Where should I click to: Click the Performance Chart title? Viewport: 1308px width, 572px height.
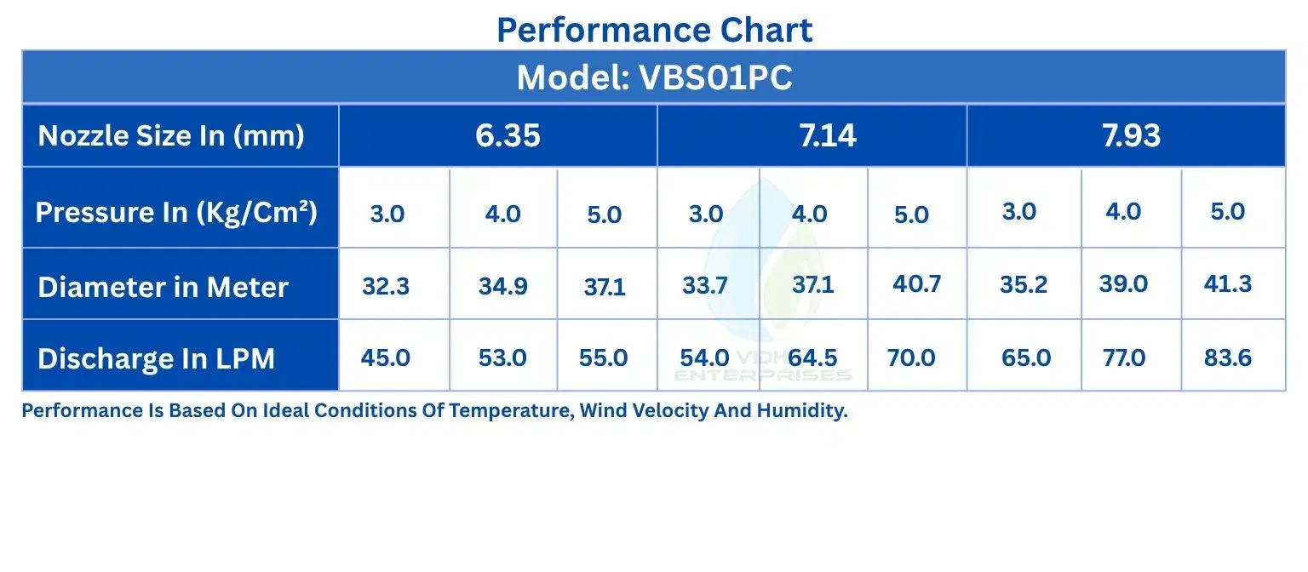click(x=654, y=30)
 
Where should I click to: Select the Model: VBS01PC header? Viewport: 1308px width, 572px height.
click(x=655, y=77)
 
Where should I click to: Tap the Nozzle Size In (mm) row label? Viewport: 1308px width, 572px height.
click(x=171, y=136)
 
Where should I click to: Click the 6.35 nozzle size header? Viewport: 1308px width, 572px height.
click(x=508, y=135)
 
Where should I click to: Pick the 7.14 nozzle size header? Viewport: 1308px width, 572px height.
click(x=828, y=135)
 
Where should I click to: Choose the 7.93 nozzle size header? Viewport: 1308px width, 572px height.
click(x=1131, y=135)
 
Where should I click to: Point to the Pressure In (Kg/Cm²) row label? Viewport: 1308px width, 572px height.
click(x=176, y=212)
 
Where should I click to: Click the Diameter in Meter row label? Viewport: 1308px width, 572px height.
click(x=163, y=287)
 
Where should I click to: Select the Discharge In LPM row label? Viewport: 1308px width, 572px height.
click(x=156, y=358)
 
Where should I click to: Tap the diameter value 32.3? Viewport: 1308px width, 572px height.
click(x=386, y=286)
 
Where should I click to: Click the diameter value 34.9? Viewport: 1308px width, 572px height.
click(x=502, y=286)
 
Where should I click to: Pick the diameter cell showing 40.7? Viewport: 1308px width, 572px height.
click(x=916, y=283)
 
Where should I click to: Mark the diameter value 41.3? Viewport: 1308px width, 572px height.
click(x=1227, y=283)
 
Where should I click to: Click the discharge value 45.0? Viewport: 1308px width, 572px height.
click(x=385, y=357)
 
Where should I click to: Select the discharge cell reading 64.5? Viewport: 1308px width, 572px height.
click(x=812, y=357)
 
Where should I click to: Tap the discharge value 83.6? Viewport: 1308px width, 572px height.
click(x=1227, y=357)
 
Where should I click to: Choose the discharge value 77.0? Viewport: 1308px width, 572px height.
click(x=1123, y=357)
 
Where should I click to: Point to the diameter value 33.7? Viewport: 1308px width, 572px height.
click(x=705, y=285)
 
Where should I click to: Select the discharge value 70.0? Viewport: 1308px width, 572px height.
click(x=911, y=357)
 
